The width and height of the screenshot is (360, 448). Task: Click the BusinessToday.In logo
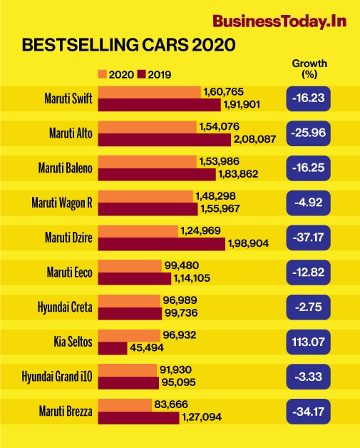[x=279, y=21]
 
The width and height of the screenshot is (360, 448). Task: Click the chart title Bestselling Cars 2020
[x=130, y=46]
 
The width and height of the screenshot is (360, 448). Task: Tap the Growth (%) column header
[x=309, y=68]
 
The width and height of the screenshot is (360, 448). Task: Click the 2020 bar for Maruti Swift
[x=149, y=93]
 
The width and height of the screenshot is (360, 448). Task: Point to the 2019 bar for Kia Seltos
[x=112, y=348]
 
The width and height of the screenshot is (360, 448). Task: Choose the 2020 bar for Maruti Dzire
[x=138, y=231]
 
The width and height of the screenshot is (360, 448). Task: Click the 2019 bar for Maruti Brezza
[x=138, y=418]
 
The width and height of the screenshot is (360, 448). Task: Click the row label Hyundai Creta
[x=65, y=307]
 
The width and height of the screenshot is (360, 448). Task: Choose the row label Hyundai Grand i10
[x=57, y=377]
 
